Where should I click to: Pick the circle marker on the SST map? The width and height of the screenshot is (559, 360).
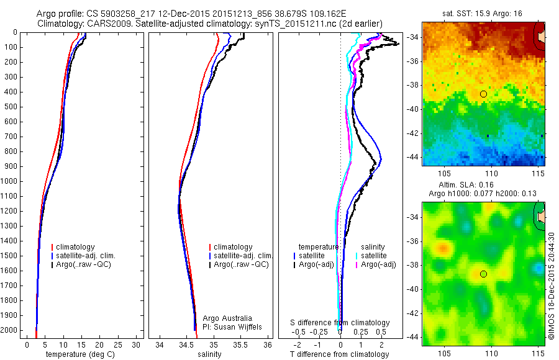[x=483, y=94]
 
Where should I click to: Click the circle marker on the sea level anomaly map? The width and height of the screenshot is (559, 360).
[x=483, y=274]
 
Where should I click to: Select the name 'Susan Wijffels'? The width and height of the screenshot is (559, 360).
[x=233, y=326]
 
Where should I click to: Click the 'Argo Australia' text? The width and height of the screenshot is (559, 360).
[x=227, y=318]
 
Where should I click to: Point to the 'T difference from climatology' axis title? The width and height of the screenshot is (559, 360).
[x=340, y=354]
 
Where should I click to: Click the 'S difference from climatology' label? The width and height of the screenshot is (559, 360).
[x=340, y=323]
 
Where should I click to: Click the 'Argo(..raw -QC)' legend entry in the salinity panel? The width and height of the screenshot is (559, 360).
[x=241, y=264]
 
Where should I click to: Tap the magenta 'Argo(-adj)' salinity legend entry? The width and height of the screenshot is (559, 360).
[x=378, y=264]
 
